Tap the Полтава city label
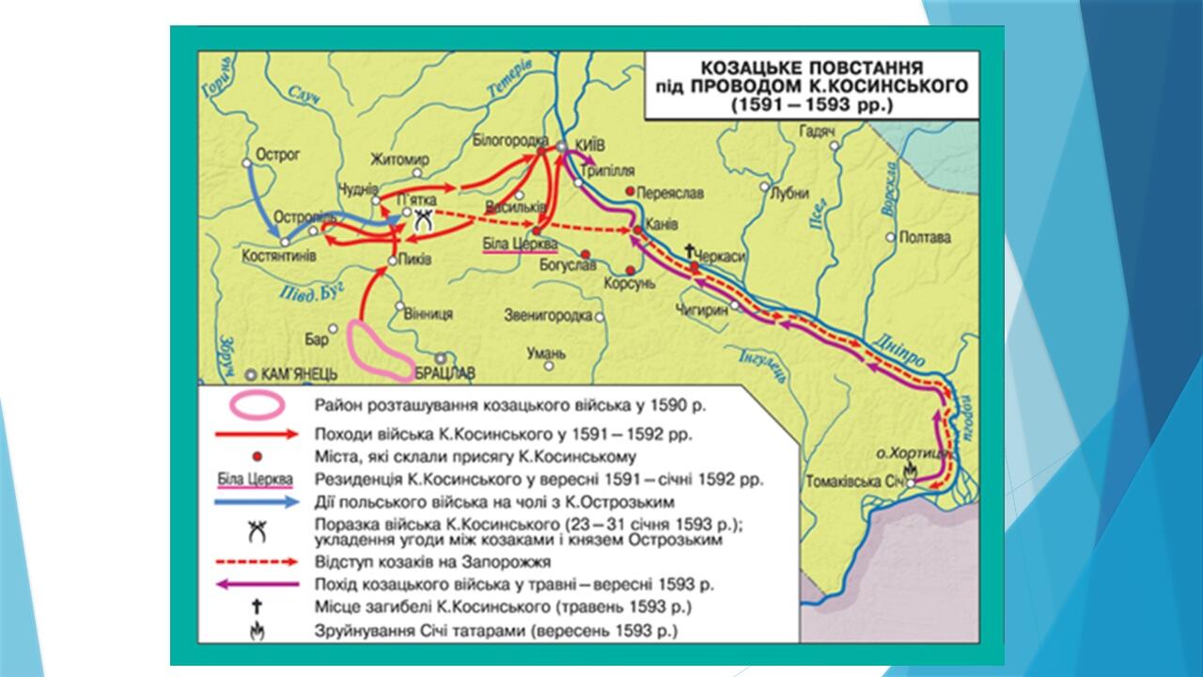[x=925, y=237]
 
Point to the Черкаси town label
[x=727, y=254]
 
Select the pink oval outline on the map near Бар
[x=379, y=351]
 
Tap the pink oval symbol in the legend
[x=257, y=405]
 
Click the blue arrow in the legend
[x=257, y=503]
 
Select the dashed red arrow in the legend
[x=257, y=561]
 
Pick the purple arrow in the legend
[x=257, y=584]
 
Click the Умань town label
[x=547, y=354]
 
